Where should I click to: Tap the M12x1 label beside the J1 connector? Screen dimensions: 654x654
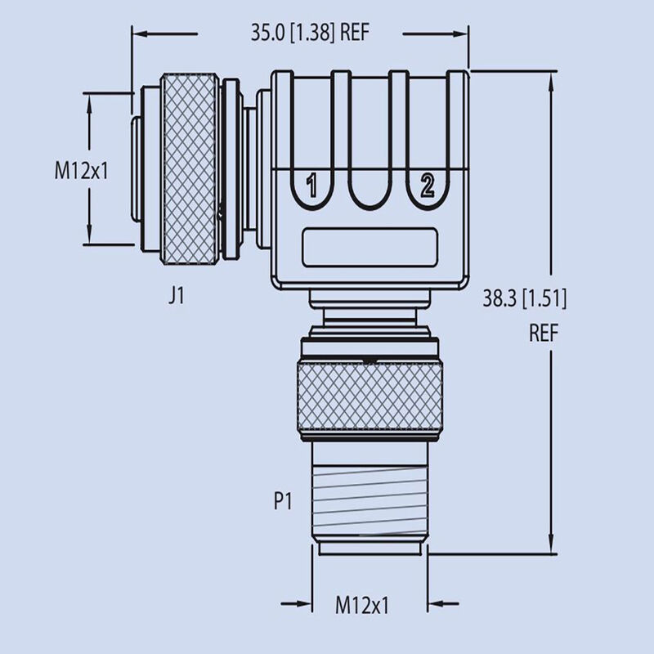[83, 171]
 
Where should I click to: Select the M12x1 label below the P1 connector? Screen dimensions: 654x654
[362, 606]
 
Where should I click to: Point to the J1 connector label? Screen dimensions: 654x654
[176, 296]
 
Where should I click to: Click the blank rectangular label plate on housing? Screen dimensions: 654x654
[370, 247]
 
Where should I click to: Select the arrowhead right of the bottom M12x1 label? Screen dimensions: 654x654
[436, 606]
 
